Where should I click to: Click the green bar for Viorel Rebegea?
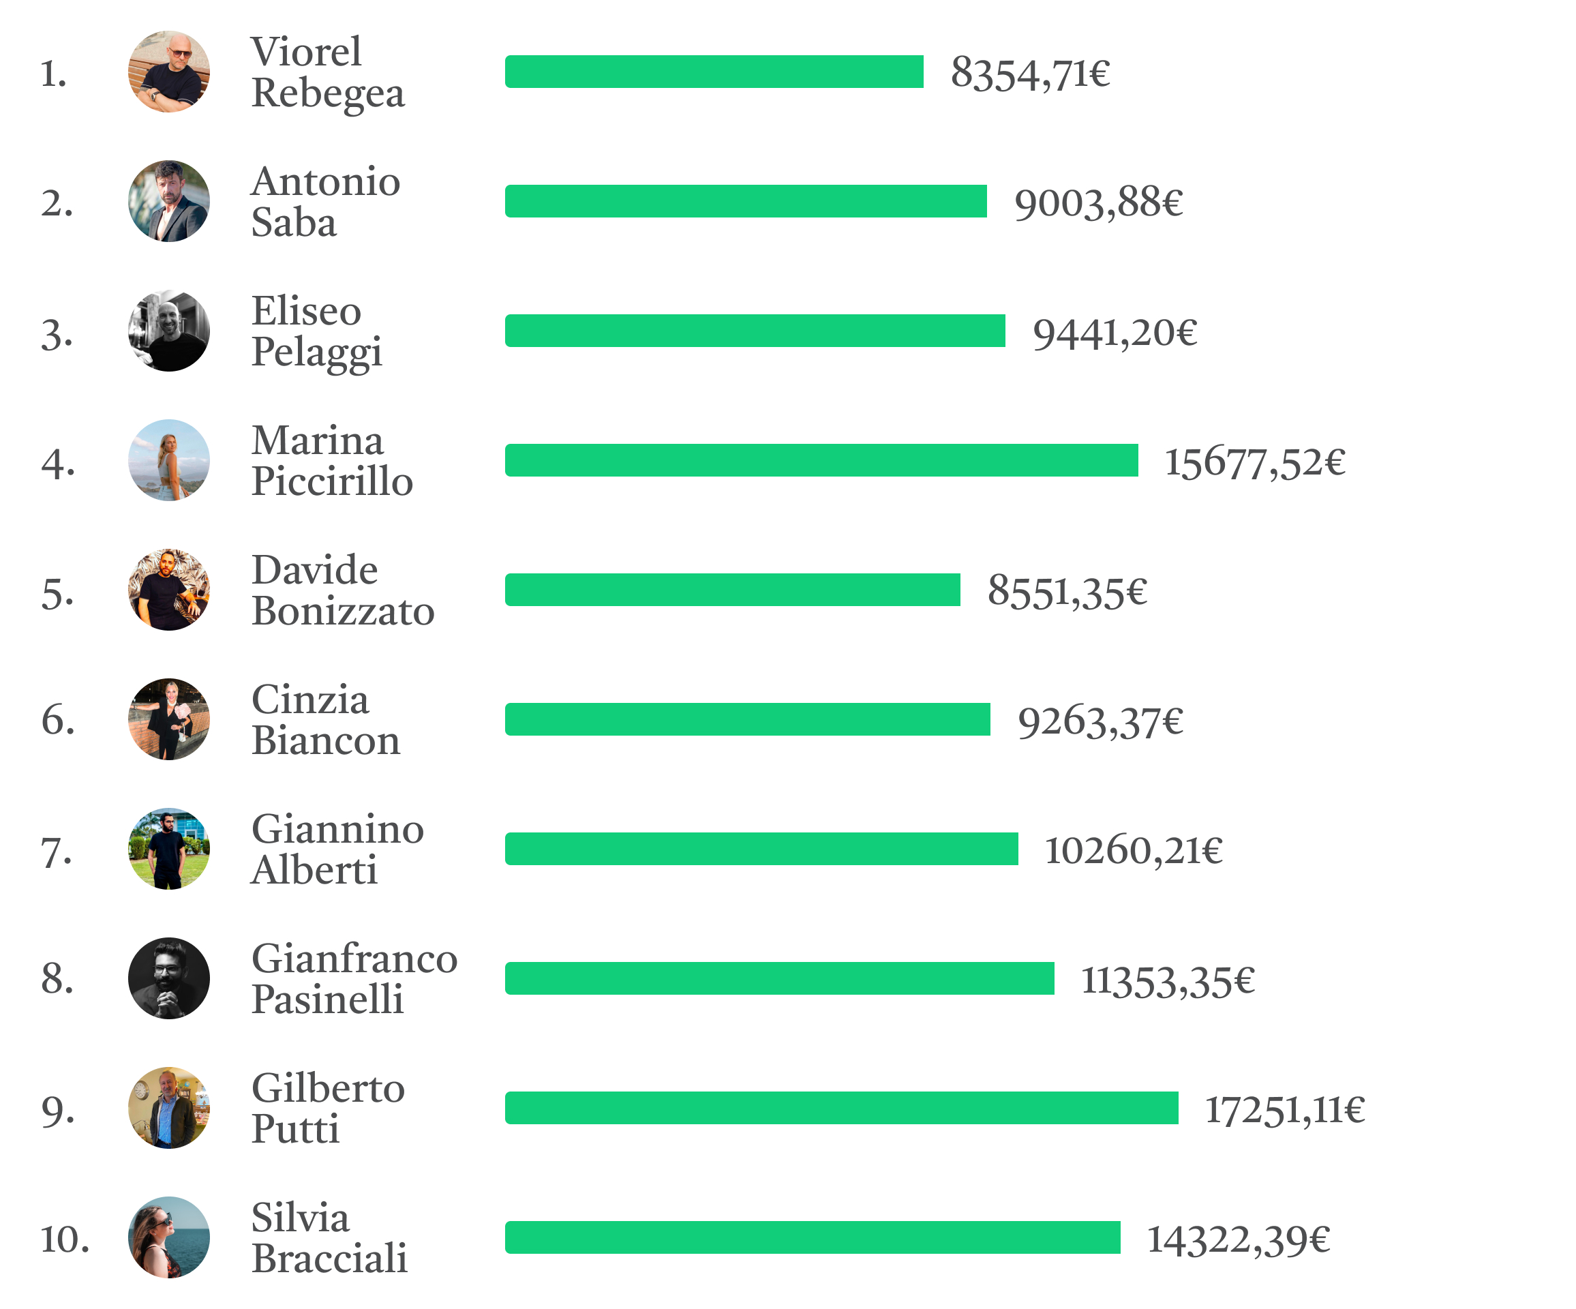coord(714,72)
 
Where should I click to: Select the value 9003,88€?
coord(1098,202)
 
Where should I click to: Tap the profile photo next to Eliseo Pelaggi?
coord(169,331)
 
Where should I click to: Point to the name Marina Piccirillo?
coord(332,461)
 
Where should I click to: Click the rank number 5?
coord(58,594)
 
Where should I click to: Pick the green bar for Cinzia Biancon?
coord(748,719)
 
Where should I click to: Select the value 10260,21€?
coord(1133,850)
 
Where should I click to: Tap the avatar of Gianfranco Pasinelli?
coord(169,978)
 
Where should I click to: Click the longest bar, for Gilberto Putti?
coord(841,1108)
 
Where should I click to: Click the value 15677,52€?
coord(1255,462)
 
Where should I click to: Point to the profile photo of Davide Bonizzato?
coord(169,590)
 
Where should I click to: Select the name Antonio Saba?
coord(325,202)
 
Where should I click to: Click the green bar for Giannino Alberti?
coord(761,849)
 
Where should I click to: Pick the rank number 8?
coord(58,980)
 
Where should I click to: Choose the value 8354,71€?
coord(1031,74)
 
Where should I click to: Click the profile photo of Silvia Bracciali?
coord(169,1237)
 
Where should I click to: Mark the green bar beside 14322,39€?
coord(812,1237)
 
